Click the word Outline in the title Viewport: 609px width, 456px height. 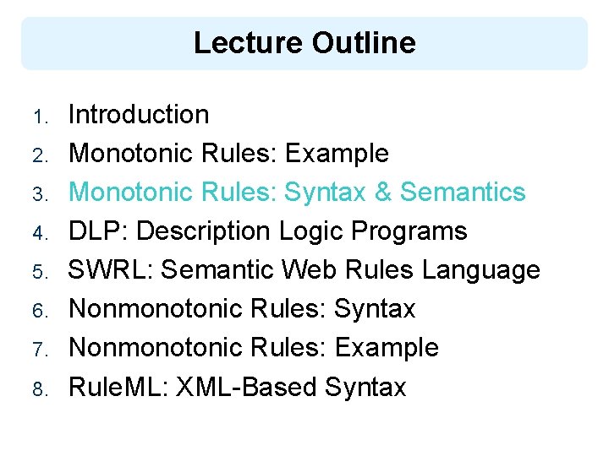pos(363,42)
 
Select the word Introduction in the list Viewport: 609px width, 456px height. pos(139,114)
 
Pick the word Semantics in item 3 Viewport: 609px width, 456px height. pos(463,192)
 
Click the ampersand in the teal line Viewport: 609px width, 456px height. pos(382,192)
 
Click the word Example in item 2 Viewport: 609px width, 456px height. pos(337,153)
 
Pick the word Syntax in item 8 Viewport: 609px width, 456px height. pos(365,386)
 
